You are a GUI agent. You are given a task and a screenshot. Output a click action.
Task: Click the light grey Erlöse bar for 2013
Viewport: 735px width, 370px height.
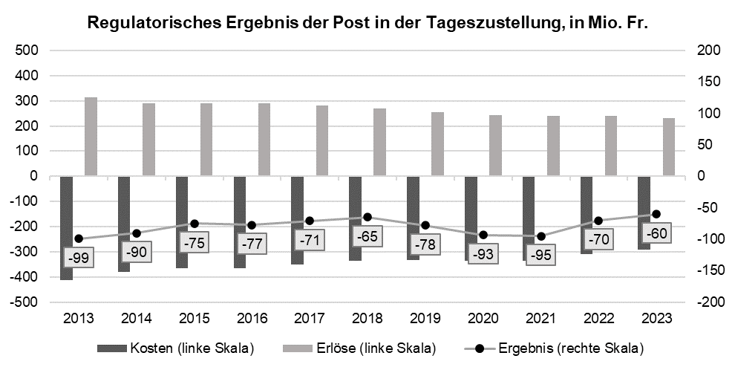pos(91,137)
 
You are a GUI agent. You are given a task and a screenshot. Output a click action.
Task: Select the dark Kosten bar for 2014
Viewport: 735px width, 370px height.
pos(124,224)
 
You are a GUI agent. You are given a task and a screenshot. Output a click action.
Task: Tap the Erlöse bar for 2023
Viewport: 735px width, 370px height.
pos(669,147)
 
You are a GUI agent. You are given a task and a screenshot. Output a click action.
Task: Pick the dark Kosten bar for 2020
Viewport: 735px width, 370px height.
pos(471,218)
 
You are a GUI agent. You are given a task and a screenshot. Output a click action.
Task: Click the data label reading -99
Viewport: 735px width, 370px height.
pos(78,258)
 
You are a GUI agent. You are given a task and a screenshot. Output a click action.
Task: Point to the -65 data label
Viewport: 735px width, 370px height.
pos(367,236)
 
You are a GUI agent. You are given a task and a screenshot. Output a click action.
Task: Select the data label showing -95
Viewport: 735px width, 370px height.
pos(541,255)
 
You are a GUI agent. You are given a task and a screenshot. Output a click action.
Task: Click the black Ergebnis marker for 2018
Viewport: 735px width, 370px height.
pos(367,217)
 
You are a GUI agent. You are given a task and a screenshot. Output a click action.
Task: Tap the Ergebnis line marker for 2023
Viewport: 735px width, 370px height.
pos(656,214)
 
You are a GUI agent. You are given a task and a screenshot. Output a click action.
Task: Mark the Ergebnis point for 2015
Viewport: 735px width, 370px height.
pos(195,224)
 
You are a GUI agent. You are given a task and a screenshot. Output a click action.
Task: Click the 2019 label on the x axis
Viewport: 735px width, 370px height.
pos(425,319)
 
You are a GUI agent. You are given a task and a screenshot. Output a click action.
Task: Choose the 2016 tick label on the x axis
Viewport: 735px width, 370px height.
pos(252,319)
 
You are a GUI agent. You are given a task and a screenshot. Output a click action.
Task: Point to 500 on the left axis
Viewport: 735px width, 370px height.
pos(26,51)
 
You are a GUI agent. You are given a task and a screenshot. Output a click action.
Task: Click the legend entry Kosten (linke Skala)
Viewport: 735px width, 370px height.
pos(176,348)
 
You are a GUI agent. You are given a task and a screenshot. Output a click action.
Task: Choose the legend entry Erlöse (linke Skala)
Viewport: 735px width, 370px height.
pos(359,348)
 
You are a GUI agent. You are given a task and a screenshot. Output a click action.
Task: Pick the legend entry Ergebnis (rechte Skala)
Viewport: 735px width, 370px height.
pos(554,348)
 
